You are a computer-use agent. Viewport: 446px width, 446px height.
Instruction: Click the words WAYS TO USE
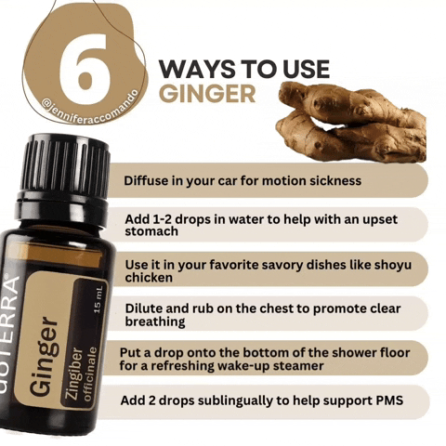(x=243, y=69)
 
